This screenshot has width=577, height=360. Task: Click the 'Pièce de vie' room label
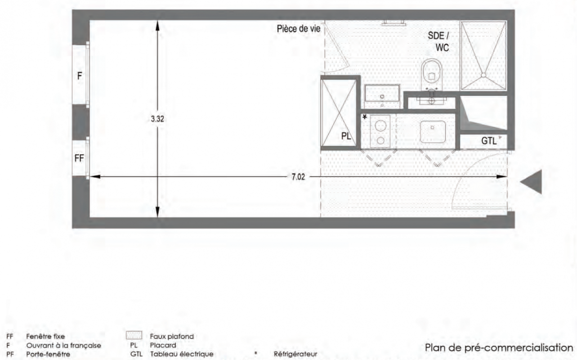click(299, 29)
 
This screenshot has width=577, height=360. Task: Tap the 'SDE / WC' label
click(438, 41)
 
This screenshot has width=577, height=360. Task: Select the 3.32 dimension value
click(157, 119)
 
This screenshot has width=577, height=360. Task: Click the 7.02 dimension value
click(298, 177)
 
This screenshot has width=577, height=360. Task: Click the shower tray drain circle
click(483, 75)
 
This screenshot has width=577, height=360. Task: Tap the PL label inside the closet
click(346, 136)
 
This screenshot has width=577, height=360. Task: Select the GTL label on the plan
click(489, 141)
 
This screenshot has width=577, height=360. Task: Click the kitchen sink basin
click(433, 132)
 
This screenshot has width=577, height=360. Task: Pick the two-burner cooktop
click(380, 131)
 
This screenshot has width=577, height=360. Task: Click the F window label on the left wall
click(80, 76)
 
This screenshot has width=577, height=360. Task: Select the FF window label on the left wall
click(79, 158)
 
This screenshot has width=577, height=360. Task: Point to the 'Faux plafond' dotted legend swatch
click(134, 335)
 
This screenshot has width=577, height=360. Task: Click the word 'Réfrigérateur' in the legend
click(295, 354)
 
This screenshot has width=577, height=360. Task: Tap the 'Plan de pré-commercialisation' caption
click(499, 348)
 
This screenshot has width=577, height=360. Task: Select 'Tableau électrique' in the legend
click(182, 354)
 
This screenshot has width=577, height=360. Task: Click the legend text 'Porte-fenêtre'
click(48, 354)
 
